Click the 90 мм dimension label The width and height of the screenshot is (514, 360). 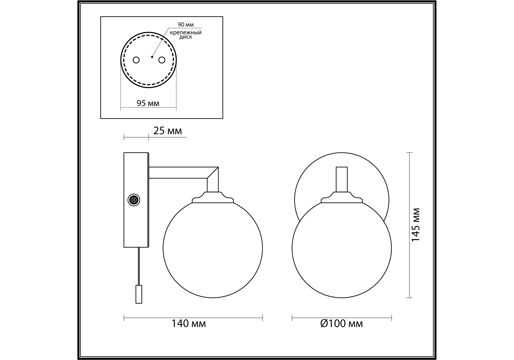click(x=186, y=25)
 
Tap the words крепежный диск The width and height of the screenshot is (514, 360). click(x=186, y=35)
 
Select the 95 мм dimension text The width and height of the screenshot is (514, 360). click(x=148, y=103)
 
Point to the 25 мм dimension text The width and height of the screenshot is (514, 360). click(x=168, y=131)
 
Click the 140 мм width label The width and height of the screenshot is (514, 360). click(x=189, y=324)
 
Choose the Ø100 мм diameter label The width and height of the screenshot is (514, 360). click(x=341, y=324)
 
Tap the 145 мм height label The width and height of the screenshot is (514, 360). click(x=415, y=225)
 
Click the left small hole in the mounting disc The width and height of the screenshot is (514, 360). click(x=136, y=60)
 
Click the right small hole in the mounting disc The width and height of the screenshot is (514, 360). click(x=162, y=60)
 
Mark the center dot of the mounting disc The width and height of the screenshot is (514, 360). click(x=152, y=57)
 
